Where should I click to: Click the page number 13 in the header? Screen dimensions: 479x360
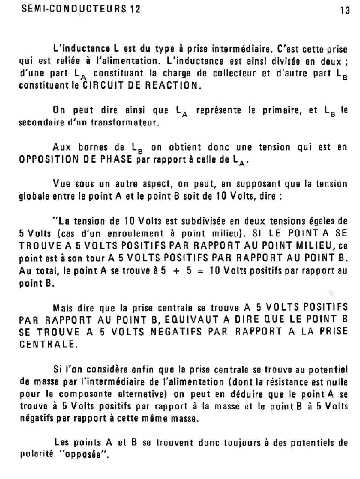(345, 11)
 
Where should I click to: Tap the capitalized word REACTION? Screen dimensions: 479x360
(172, 86)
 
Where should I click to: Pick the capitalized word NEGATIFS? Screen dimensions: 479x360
(176, 332)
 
